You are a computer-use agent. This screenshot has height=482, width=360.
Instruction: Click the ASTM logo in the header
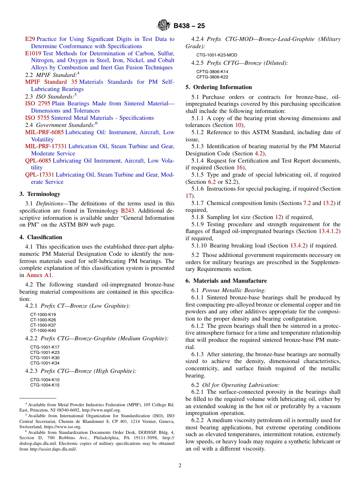164,26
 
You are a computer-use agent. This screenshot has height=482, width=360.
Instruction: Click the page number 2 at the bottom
180,466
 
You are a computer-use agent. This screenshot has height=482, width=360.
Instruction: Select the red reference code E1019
33,53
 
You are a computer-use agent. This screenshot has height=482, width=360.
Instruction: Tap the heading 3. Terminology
40,194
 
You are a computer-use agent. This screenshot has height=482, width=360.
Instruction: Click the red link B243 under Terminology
127,211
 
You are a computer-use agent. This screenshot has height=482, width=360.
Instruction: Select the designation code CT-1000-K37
43,325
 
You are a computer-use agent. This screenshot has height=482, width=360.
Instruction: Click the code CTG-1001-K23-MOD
216,55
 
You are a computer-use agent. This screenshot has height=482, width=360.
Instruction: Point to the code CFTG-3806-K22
212,77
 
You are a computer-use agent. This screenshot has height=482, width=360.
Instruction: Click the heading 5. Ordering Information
219,87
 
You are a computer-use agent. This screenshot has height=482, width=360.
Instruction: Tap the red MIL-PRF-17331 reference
46,146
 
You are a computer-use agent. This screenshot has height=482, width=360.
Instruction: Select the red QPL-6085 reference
38,161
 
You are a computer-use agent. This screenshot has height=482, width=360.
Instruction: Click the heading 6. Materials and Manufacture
226,281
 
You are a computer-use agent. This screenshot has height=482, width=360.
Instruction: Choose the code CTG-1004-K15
45,385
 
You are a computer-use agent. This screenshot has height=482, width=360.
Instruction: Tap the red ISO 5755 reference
37,118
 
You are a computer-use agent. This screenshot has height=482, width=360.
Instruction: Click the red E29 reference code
30,39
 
